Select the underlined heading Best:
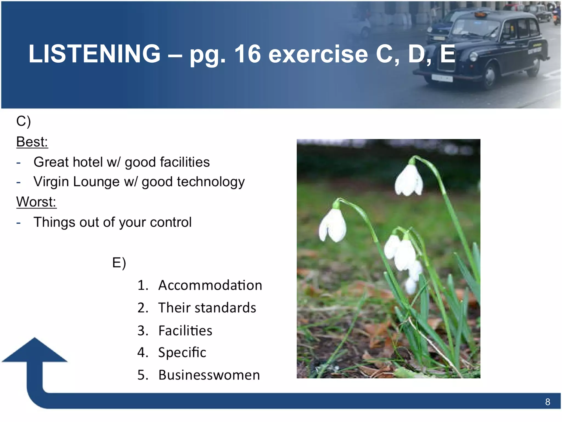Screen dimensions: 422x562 [32, 142]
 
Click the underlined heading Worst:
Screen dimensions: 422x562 [36, 202]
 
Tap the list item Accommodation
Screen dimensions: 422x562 [210, 285]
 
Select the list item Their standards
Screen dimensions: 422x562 [207, 307]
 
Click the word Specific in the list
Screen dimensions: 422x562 [182, 352]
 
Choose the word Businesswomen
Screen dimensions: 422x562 [209, 375]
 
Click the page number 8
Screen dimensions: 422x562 [547, 402]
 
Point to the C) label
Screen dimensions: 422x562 [23, 121]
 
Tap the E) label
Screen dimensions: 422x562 [119, 263]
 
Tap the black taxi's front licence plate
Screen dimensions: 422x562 [442, 78]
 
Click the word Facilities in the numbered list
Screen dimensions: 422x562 [185, 331]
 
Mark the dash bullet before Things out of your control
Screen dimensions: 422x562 [18, 223]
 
